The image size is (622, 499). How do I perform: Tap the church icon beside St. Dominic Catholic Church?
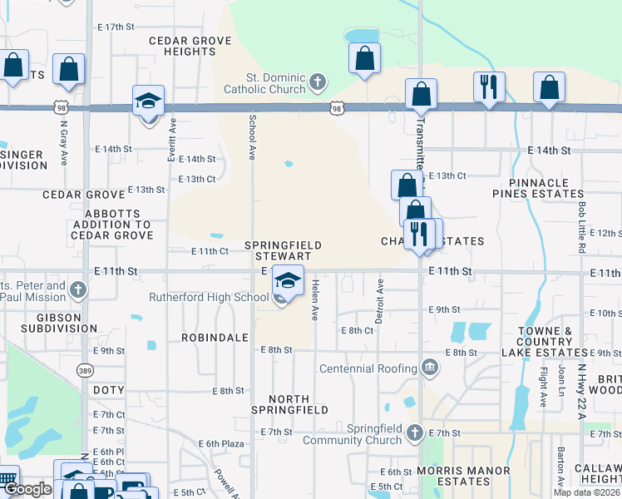pos(317,82)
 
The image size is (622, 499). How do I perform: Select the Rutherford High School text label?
pos(209,297)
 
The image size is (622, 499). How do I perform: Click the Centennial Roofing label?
pos(368,368)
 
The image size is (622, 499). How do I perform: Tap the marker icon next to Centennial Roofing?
pos(430,367)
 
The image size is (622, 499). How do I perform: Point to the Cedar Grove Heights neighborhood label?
pos(182,46)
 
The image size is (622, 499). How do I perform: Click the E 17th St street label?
pos(116,27)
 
